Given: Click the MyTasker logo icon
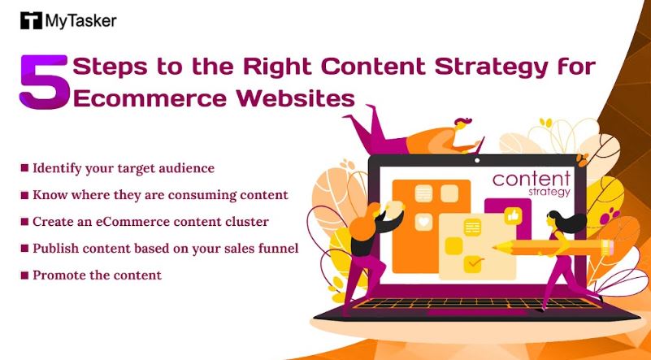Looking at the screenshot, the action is [x=31, y=20].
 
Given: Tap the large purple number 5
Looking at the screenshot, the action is [x=44, y=82].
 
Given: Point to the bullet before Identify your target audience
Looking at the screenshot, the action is [x=24, y=167].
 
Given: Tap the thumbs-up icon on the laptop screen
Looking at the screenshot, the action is [x=513, y=216].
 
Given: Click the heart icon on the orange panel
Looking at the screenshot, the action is [x=423, y=222].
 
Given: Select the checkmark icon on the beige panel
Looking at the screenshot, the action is [x=474, y=263].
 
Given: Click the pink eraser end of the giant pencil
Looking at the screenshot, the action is [x=610, y=248].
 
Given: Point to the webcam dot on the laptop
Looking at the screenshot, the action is [x=477, y=160].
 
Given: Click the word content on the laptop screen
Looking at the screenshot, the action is [x=532, y=179].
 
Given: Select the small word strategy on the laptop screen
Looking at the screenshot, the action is [x=549, y=193].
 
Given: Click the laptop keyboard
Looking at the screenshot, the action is [x=477, y=303].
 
